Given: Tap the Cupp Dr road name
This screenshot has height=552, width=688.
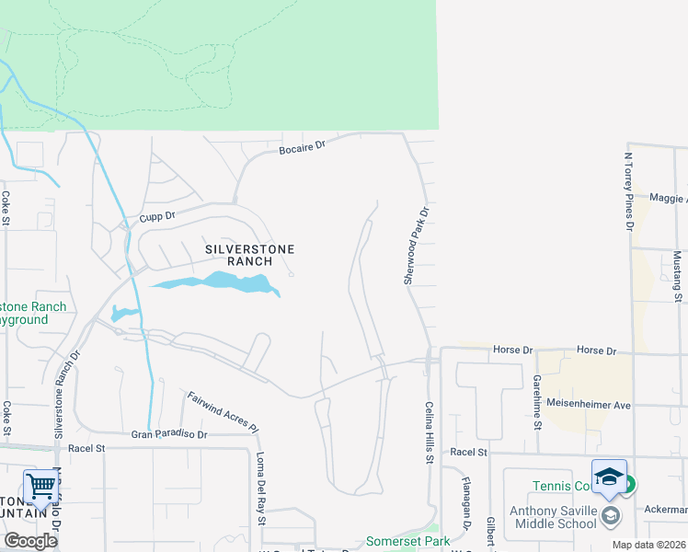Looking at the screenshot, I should click(157, 217).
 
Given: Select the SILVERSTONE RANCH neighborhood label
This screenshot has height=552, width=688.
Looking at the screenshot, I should click(239, 255).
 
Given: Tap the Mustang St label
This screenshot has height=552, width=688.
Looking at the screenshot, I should click(677, 276).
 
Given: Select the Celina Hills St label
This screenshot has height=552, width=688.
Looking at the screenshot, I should click(429, 432).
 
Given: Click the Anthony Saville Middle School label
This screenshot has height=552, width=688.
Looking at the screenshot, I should click(552, 518).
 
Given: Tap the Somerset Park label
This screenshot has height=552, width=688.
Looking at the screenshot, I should click(407, 541).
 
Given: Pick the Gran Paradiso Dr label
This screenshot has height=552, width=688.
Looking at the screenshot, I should click(170, 433).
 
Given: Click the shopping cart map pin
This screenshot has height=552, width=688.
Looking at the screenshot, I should click(41, 487).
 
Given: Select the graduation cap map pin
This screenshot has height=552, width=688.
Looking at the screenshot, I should click(609, 477).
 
